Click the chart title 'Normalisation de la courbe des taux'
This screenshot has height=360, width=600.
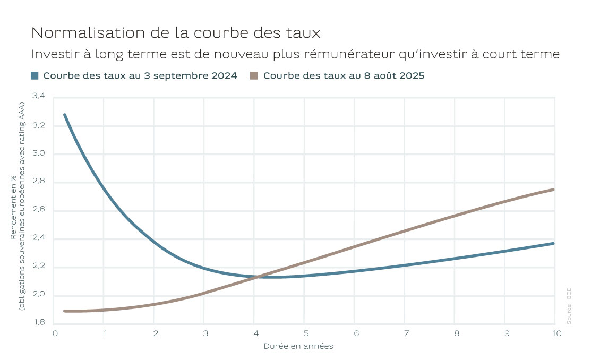[176, 33]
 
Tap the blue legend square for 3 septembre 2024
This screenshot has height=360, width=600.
[35, 75]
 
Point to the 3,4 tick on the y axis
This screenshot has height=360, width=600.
[39, 97]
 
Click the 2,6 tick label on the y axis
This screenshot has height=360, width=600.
[39, 210]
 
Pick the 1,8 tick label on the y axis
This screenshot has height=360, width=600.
[39, 323]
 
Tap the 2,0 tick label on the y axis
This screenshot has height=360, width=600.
[39, 295]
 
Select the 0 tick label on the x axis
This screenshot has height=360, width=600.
[55, 333]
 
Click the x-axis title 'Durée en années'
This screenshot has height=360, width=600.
[298, 346]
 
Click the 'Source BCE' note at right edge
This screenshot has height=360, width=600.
[569, 306]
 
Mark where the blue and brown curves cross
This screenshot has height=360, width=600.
[257, 277]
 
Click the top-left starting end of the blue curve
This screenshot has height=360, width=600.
[64, 114]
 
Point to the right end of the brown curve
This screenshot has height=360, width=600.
[554, 190]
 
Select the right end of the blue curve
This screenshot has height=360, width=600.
[554, 243]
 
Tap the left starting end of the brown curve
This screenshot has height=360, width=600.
[64, 311]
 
